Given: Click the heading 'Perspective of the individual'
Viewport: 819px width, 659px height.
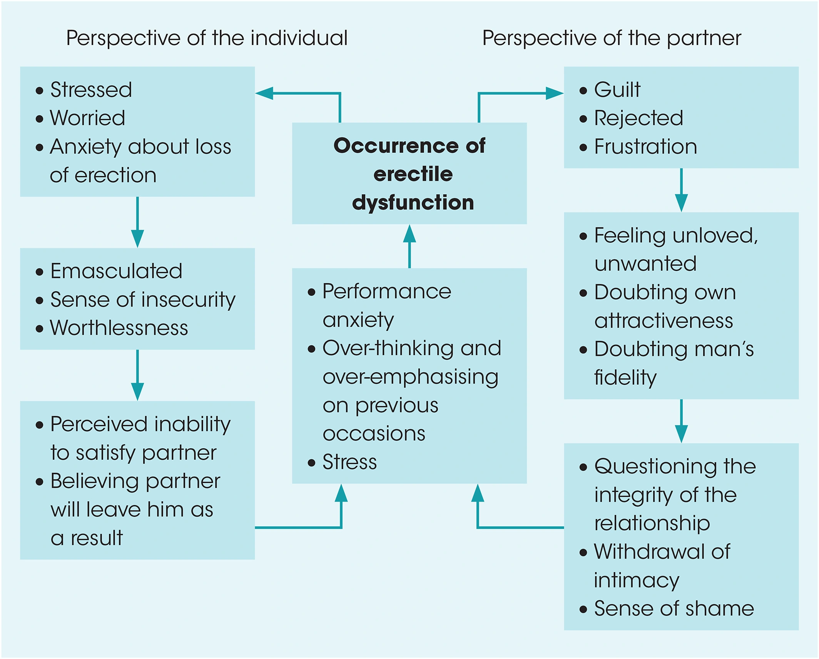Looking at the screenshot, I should click(207, 38).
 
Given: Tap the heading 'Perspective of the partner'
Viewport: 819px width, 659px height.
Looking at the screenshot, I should click(612, 38).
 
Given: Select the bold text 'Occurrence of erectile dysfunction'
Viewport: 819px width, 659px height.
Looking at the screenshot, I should click(409, 174).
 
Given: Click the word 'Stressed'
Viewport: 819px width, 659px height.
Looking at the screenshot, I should click(91, 90).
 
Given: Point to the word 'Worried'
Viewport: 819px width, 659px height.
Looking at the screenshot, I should click(88, 118).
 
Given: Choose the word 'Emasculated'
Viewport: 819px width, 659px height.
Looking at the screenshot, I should click(116, 271).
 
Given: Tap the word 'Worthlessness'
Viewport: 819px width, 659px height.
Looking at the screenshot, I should click(119, 328).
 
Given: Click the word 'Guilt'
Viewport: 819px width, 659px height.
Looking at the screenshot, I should click(617, 90).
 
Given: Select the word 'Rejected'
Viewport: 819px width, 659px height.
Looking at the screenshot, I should click(638, 118).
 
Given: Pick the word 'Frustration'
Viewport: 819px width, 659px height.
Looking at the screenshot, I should click(645, 147).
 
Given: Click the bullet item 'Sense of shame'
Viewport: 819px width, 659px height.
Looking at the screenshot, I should click(674, 608).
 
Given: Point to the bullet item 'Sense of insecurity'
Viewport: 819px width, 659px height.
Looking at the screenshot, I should click(143, 299).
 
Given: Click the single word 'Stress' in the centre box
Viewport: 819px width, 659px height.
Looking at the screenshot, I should click(349, 462).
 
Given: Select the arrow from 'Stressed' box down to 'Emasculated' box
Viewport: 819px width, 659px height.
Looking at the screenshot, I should click(137, 222).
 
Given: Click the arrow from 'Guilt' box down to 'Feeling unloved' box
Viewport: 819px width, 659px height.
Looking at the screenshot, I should click(681, 190).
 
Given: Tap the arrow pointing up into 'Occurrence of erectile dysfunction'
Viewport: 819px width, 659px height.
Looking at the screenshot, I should click(409, 246).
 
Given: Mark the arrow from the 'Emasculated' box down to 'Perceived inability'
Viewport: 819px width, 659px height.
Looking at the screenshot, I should click(137, 375).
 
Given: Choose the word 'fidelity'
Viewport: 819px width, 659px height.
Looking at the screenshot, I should click(625, 377).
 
